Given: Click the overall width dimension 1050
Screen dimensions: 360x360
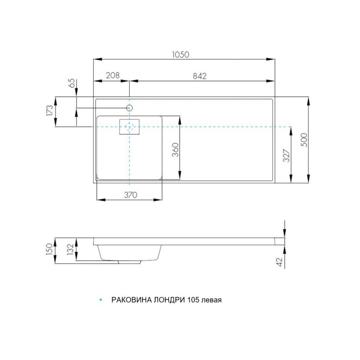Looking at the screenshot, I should coord(181,54).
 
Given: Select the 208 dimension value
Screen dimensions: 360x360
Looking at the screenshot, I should coord(112,75).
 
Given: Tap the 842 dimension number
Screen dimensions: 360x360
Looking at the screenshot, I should coord(199,76).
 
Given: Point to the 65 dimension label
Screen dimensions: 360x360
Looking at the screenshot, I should coord(72,83).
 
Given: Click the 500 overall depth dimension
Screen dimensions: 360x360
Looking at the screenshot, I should coord(304,140).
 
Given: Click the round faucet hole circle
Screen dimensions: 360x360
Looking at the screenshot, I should coord(129,108).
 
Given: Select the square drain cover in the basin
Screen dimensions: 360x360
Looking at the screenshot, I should coord(129,127).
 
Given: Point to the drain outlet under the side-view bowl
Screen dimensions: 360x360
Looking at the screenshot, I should coord(129,262).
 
